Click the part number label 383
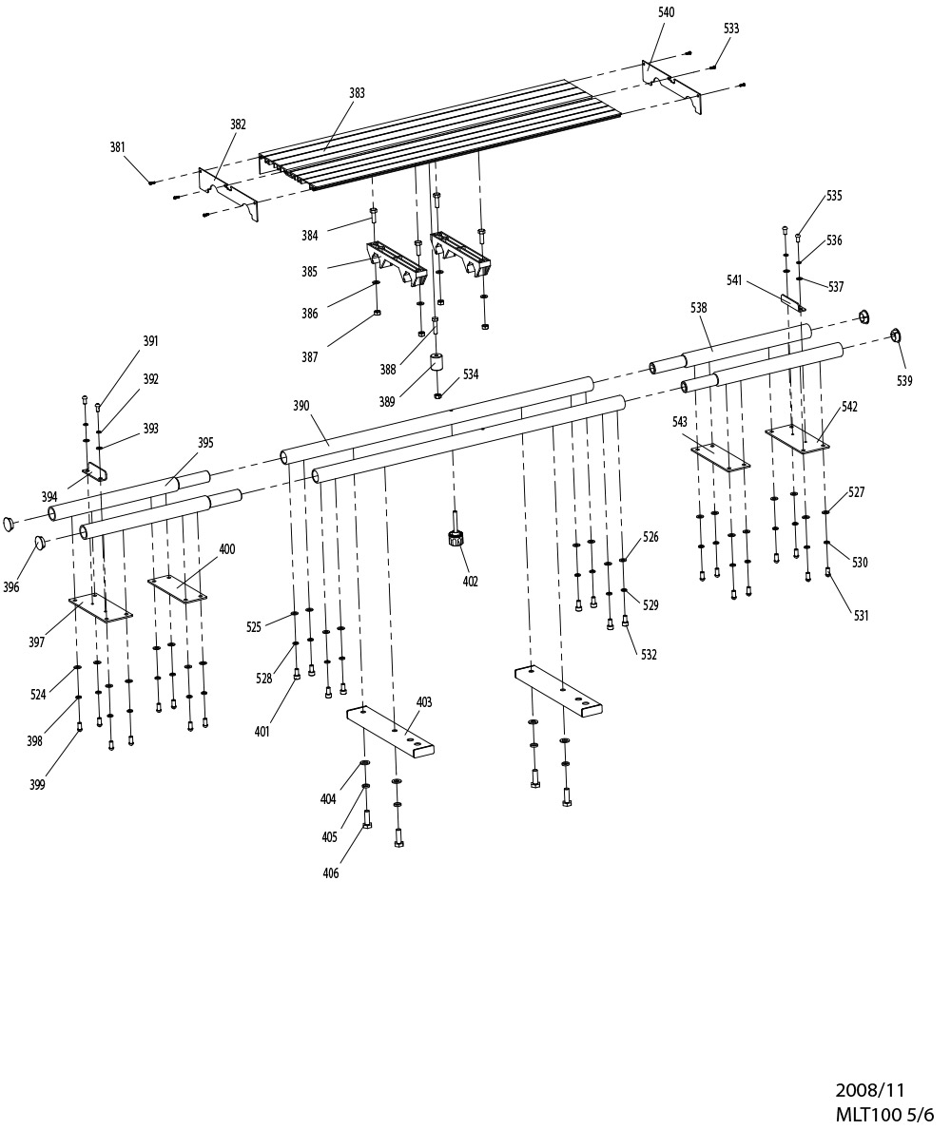357,93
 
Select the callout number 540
667,12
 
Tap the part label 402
470,582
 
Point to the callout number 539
904,380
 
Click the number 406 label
330,873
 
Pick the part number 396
10,587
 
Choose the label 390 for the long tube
301,406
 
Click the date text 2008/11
869,1090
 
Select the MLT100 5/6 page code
883,1114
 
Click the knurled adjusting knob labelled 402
455,538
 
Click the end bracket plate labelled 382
228,195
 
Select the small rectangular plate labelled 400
178,588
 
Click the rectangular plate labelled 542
797,439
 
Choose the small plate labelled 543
720,458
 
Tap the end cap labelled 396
39,542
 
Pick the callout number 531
861,616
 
